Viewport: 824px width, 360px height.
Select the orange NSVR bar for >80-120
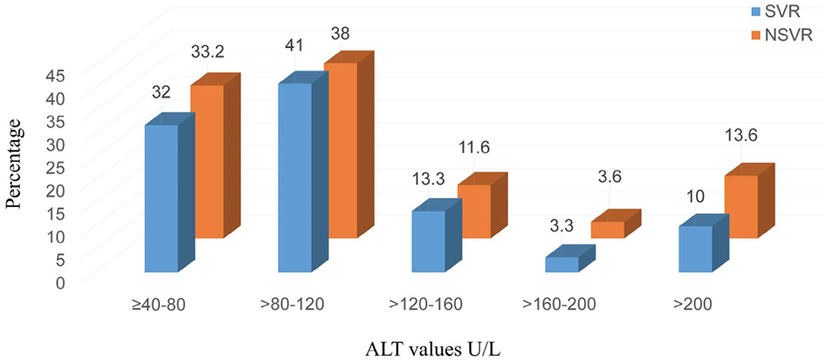pyautogui.click(x=349, y=150)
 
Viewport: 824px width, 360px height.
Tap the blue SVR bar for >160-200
pyautogui.click(x=570, y=260)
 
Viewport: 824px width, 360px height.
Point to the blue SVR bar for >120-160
pyautogui.click(x=436, y=236)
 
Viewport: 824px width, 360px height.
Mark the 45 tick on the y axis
pyautogui.click(x=65, y=76)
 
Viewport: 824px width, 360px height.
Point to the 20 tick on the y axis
pyautogui.click(x=65, y=191)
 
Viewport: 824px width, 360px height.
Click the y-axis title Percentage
pyautogui.click(x=16, y=165)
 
